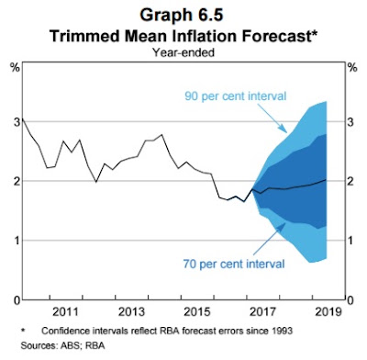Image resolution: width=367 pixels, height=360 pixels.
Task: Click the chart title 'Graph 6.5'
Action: [x=182, y=15]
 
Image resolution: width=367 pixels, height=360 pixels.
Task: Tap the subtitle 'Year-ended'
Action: [x=183, y=52]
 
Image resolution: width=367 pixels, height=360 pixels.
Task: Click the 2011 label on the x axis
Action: [x=65, y=312]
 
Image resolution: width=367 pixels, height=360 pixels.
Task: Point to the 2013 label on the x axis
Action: [x=131, y=312]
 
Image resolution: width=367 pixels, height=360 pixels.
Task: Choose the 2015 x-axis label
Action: [x=197, y=312]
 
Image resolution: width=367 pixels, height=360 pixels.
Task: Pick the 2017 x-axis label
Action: [x=263, y=312]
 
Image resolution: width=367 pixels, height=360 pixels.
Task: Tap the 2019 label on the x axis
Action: [x=328, y=312]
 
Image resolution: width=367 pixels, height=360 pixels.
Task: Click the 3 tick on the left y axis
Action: [x=17, y=122]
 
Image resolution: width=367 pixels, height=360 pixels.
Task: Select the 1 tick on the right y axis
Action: [x=350, y=241]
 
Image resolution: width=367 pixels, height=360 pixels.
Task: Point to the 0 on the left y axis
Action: [x=17, y=300]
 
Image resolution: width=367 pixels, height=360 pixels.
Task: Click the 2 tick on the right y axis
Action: [x=350, y=181]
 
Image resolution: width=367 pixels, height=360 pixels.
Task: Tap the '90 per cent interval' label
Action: [x=236, y=96]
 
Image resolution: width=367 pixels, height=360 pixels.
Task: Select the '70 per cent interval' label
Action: [x=234, y=264]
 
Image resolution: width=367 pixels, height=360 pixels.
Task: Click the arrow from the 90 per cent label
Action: [x=272, y=118]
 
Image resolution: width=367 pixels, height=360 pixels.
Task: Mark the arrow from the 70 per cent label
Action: [x=269, y=239]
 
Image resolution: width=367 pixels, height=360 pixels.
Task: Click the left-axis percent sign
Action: [x=16, y=68]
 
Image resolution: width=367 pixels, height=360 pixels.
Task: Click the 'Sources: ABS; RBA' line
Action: [x=62, y=345]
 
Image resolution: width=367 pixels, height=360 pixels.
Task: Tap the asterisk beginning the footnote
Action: [x=23, y=330]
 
